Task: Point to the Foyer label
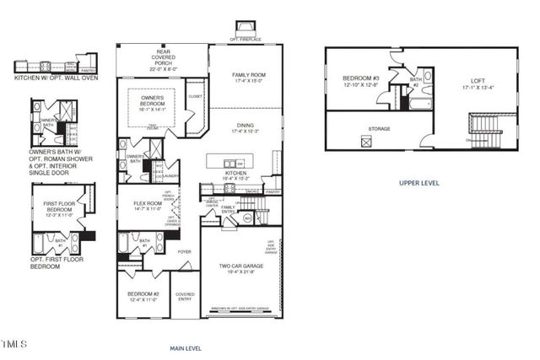pos(184,250)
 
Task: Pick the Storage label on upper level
pos(380,129)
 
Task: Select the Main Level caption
pos(186,347)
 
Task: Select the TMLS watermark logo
pos(15,343)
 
